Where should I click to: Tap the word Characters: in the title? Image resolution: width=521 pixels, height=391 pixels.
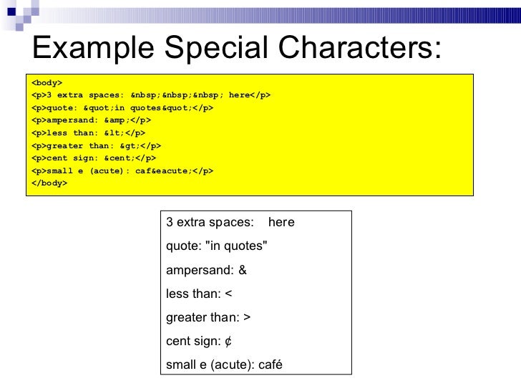tap(362, 48)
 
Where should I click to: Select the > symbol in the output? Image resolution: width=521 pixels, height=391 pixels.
tap(247, 318)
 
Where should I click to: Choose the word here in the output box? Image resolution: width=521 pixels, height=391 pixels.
tap(281, 223)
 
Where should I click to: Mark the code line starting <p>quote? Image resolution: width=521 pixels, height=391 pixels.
tap(122, 107)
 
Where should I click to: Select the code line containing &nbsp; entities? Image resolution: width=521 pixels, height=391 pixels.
tap(151, 95)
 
